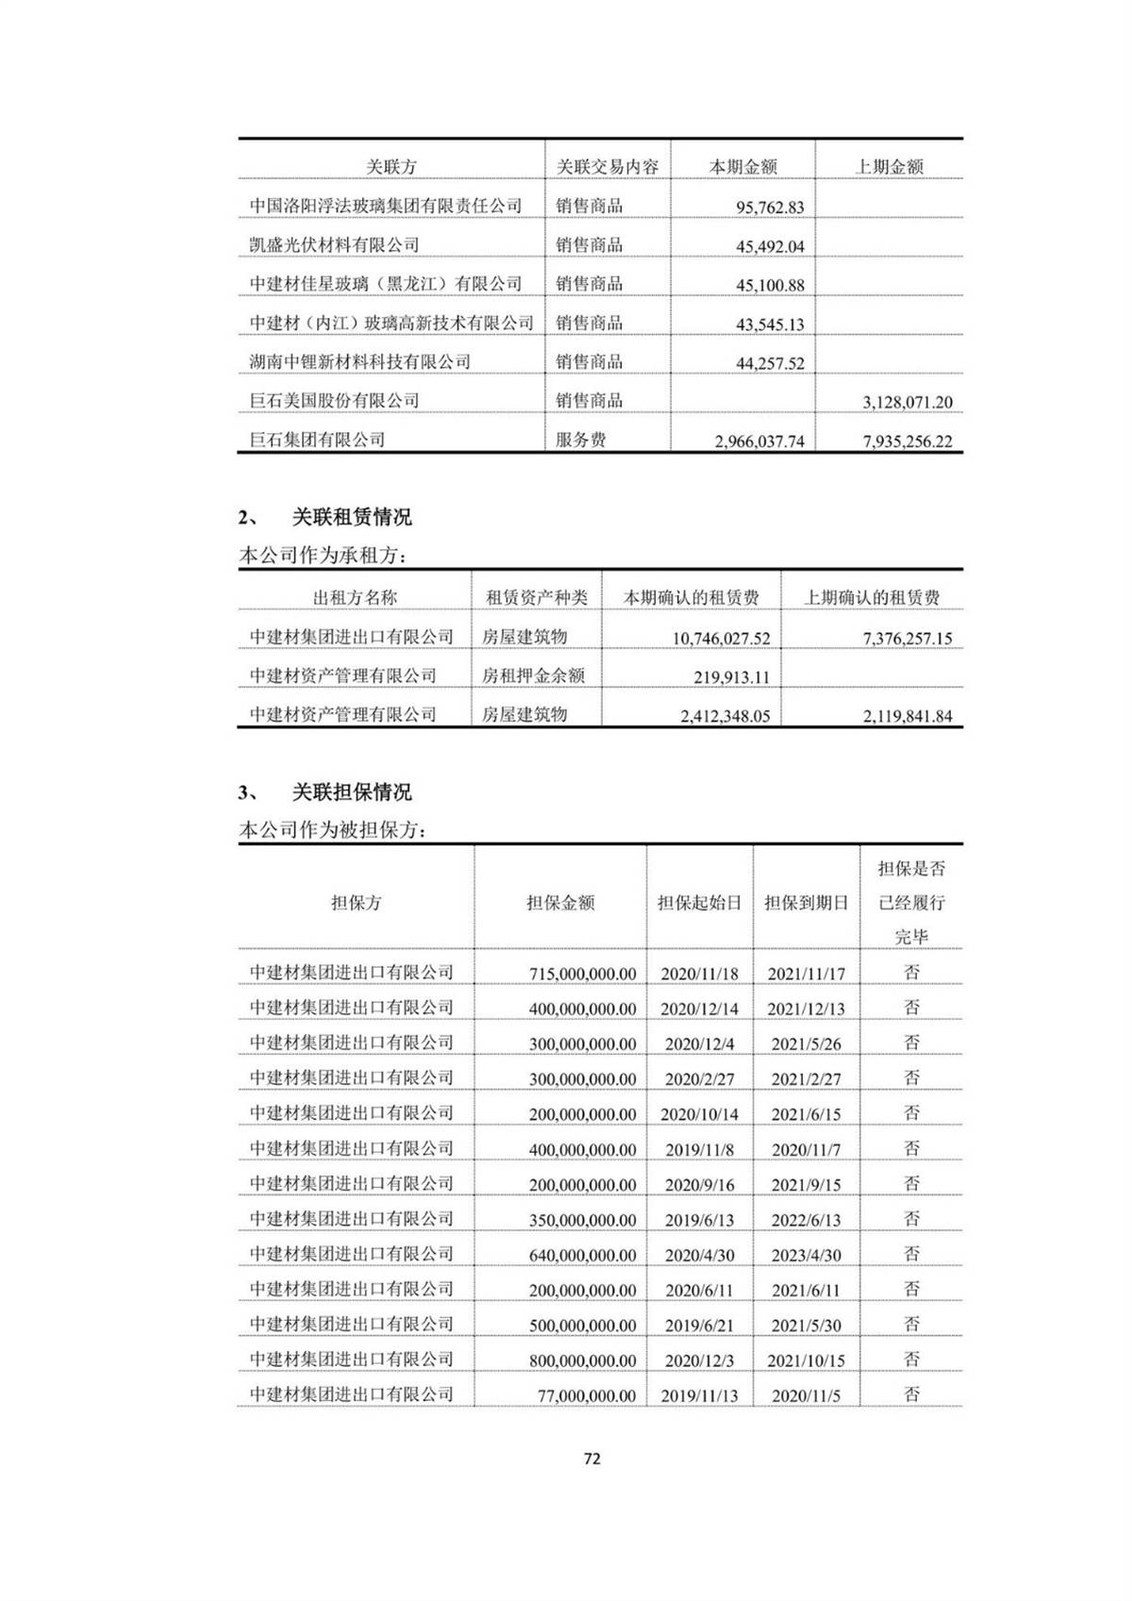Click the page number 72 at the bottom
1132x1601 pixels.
592,1459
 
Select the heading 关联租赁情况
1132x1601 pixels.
351,517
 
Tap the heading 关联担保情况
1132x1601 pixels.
351,792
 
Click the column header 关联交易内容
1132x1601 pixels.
608,167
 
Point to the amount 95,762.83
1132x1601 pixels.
770,208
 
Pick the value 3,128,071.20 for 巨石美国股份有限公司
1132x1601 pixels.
907,402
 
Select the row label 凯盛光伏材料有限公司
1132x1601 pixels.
334,245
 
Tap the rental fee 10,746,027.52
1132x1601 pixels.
721,639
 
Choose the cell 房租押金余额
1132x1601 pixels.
533,675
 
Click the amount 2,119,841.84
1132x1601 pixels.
907,716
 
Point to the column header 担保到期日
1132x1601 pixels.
806,903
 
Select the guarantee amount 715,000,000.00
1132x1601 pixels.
582,974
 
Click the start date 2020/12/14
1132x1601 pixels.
699,1009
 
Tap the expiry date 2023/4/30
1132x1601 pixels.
806,1255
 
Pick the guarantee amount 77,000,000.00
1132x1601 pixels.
587,1395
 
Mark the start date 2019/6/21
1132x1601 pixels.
699,1326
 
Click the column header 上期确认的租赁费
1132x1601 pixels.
872,598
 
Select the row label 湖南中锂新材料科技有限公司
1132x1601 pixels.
359,362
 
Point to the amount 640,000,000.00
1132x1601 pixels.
582,1255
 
